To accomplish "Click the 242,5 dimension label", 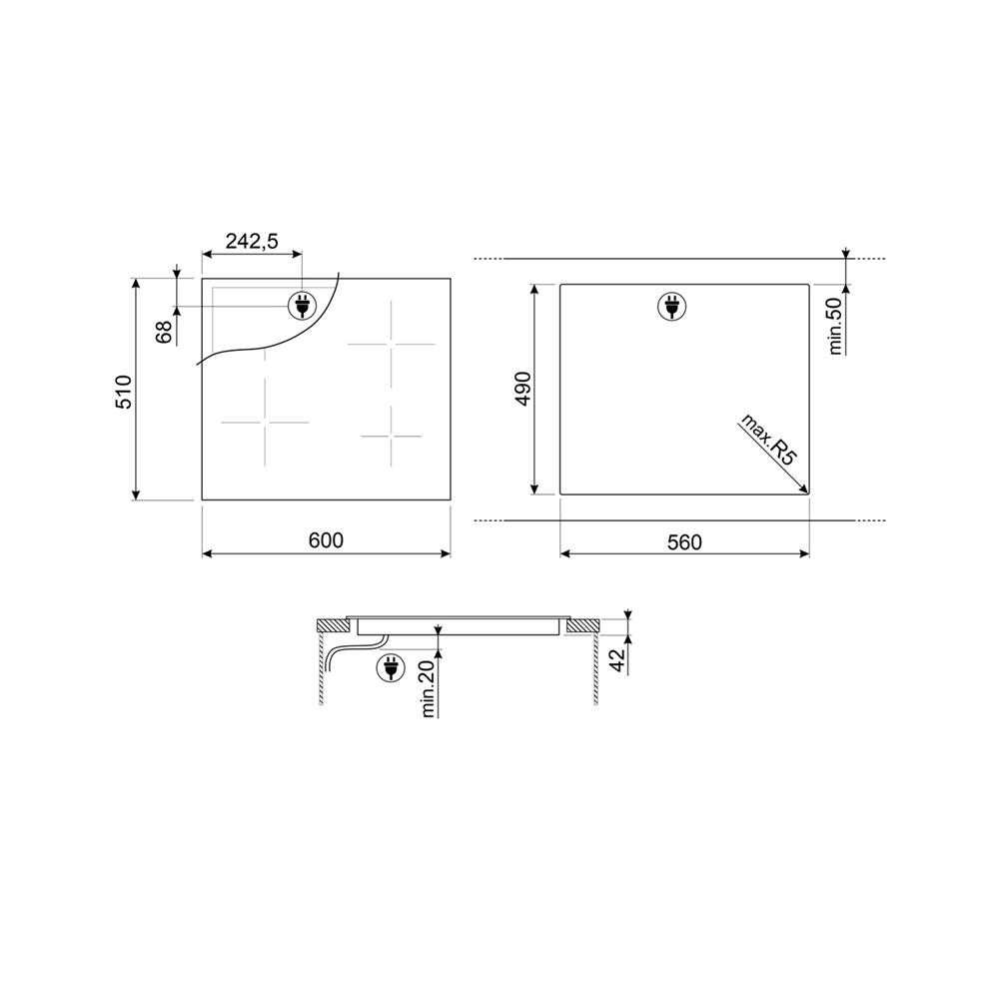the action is tap(252, 241).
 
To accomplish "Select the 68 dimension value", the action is tap(165, 332).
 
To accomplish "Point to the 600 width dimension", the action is tap(326, 540).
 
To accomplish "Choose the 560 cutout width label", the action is tap(684, 542).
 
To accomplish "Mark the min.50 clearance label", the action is tap(835, 327).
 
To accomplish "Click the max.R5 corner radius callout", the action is tap(768, 440).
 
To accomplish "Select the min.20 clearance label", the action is tap(428, 688).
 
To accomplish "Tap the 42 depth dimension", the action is tap(617, 661).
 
